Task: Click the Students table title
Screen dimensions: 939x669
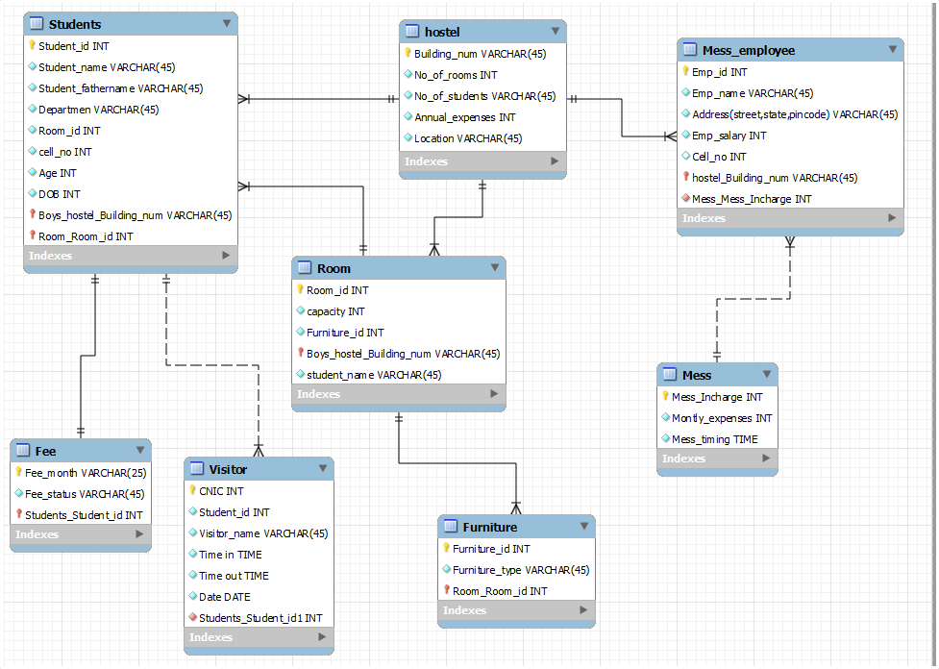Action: pos(75,24)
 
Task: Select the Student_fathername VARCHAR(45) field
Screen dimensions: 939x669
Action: pos(120,88)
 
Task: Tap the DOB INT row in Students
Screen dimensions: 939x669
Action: pos(60,194)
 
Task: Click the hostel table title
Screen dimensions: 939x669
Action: pos(442,32)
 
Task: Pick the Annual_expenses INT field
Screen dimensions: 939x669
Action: pos(465,117)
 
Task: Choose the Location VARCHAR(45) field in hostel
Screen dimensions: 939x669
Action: pos(468,138)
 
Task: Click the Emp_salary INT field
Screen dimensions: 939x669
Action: pos(729,136)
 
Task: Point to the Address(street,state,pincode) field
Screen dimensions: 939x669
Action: pos(795,114)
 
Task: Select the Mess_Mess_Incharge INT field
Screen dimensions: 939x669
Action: pos(752,199)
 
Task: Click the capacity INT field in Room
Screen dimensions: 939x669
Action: pos(335,311)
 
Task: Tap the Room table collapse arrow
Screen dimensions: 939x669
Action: pos(495,267)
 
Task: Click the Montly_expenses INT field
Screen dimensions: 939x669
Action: pos(722,418)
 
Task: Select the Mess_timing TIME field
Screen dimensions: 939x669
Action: pos(714,439)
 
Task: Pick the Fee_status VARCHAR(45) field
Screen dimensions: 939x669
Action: pos(85,494)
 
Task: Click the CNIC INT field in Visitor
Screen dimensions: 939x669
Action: pos(221,491)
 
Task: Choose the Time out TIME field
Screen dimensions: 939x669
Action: pos(234,576)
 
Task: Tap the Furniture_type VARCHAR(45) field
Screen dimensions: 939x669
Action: pos(520,570)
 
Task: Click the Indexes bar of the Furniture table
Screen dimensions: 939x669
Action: pos(516,610)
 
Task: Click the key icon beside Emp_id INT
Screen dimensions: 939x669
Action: pos(685,71)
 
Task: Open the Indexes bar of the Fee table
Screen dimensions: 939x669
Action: pos(80,534)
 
